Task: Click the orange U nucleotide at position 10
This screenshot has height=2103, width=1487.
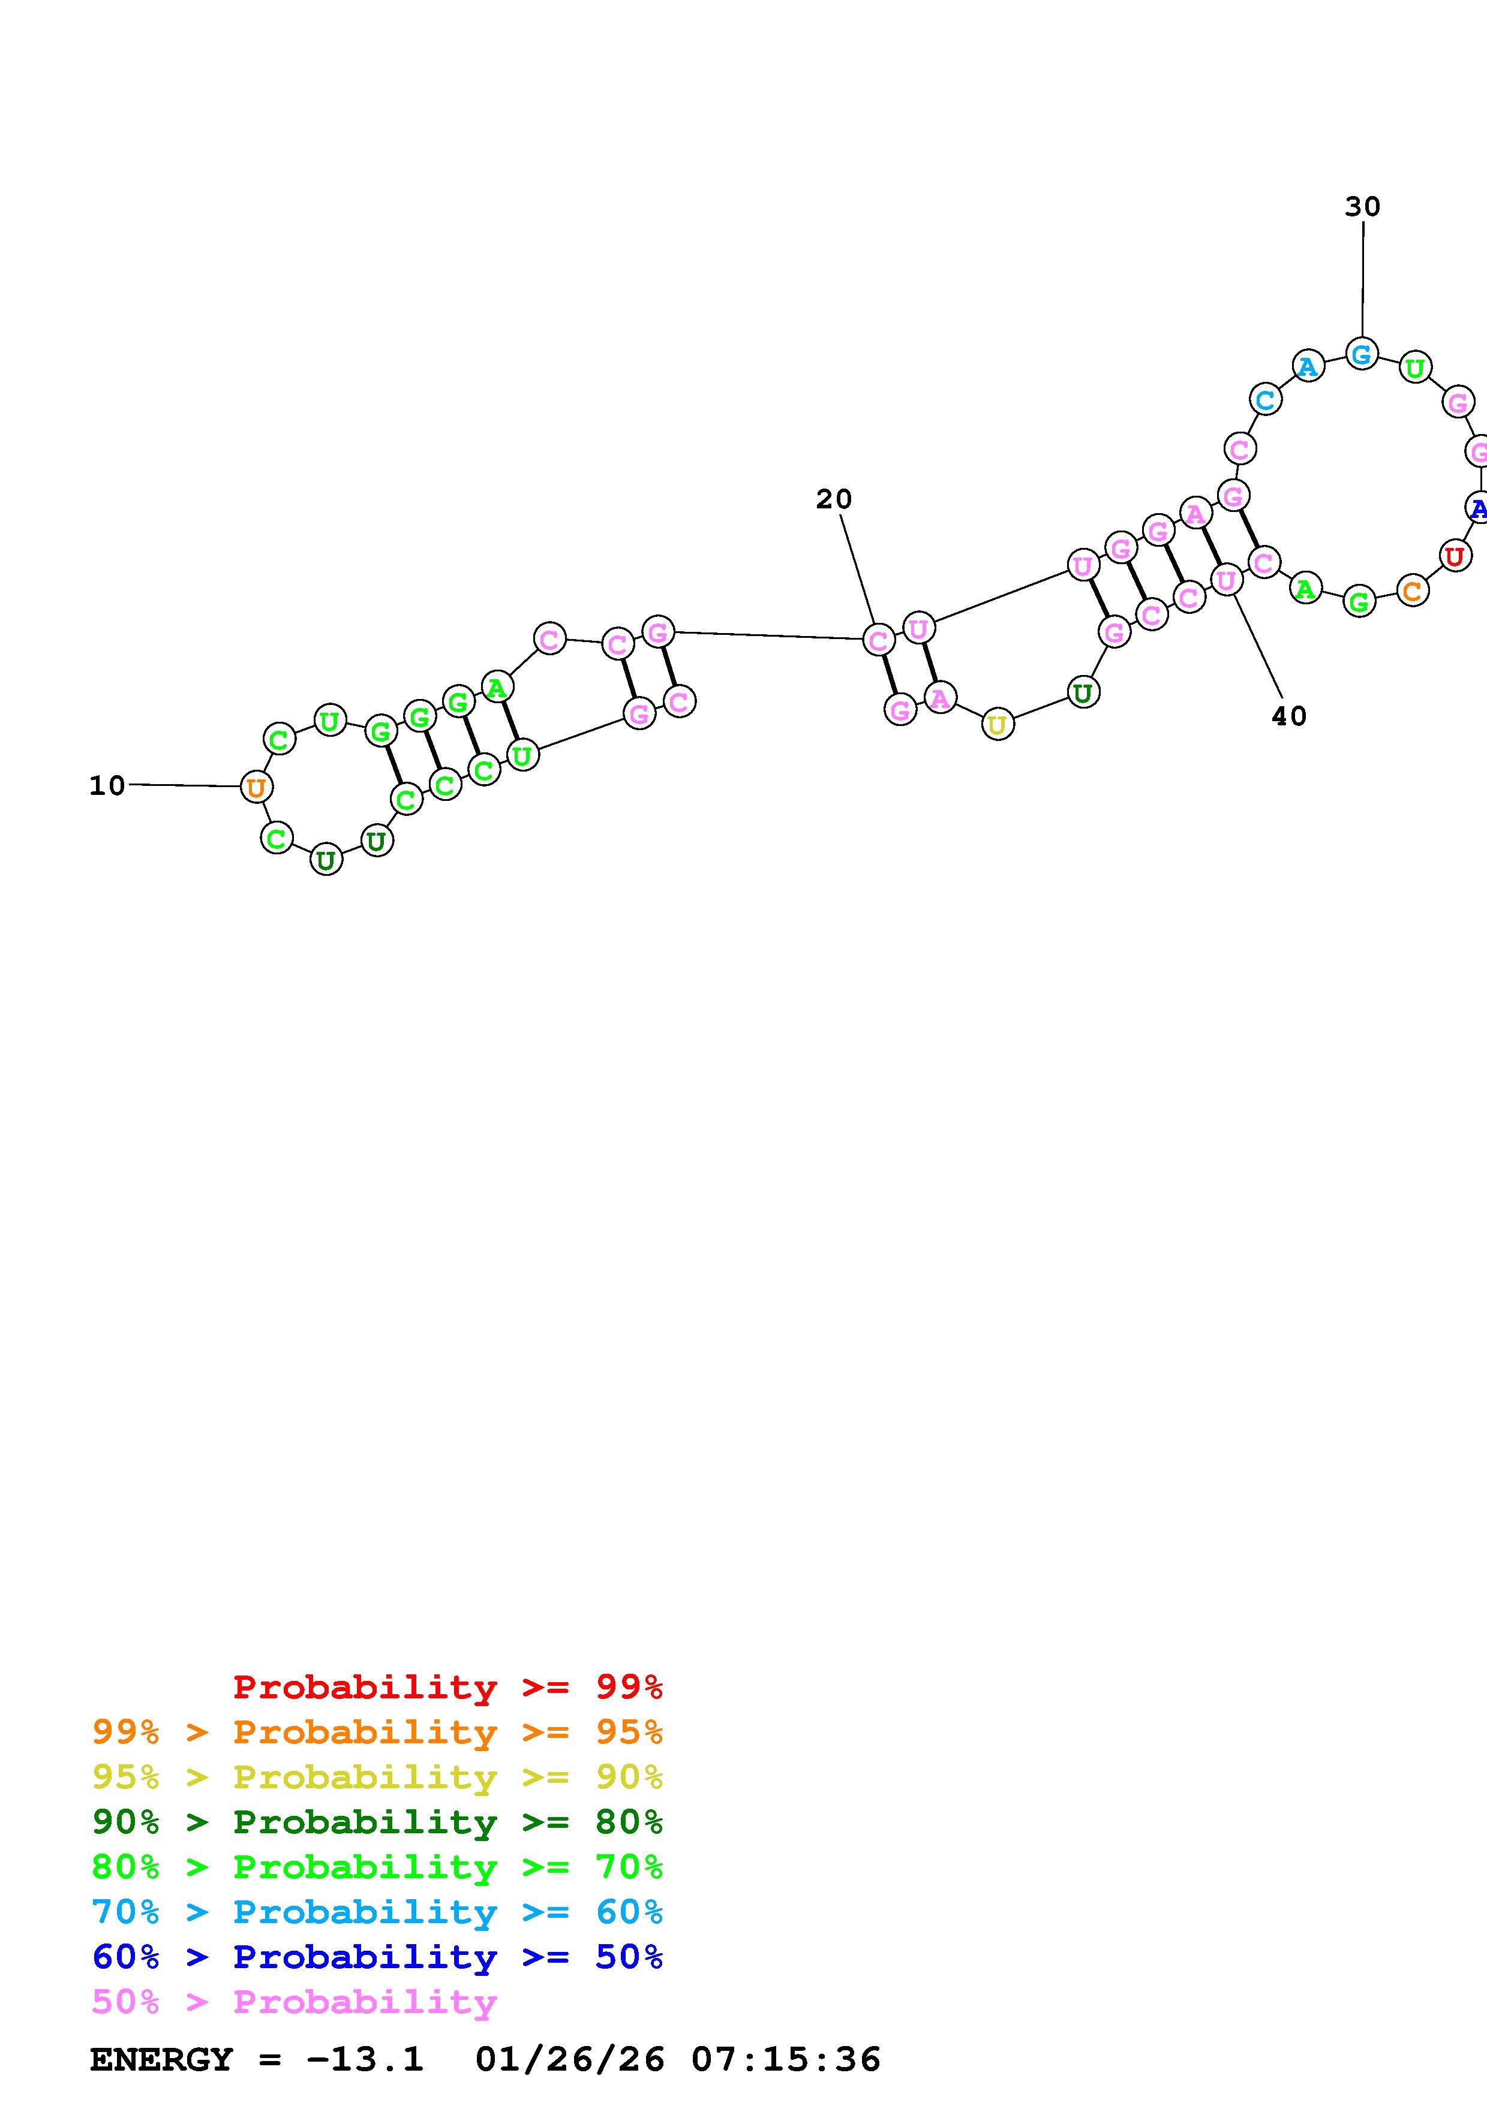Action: (256, 787)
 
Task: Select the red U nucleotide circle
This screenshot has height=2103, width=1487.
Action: (1454, 556)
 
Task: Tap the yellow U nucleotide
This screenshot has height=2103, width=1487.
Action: (998, 725)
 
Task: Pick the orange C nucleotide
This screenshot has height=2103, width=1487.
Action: (1413, 590)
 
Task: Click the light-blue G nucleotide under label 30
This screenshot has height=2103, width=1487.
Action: (1362, 354)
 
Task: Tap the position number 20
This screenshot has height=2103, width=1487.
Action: (834, 499)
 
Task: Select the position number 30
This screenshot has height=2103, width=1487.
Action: (1362, 207)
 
